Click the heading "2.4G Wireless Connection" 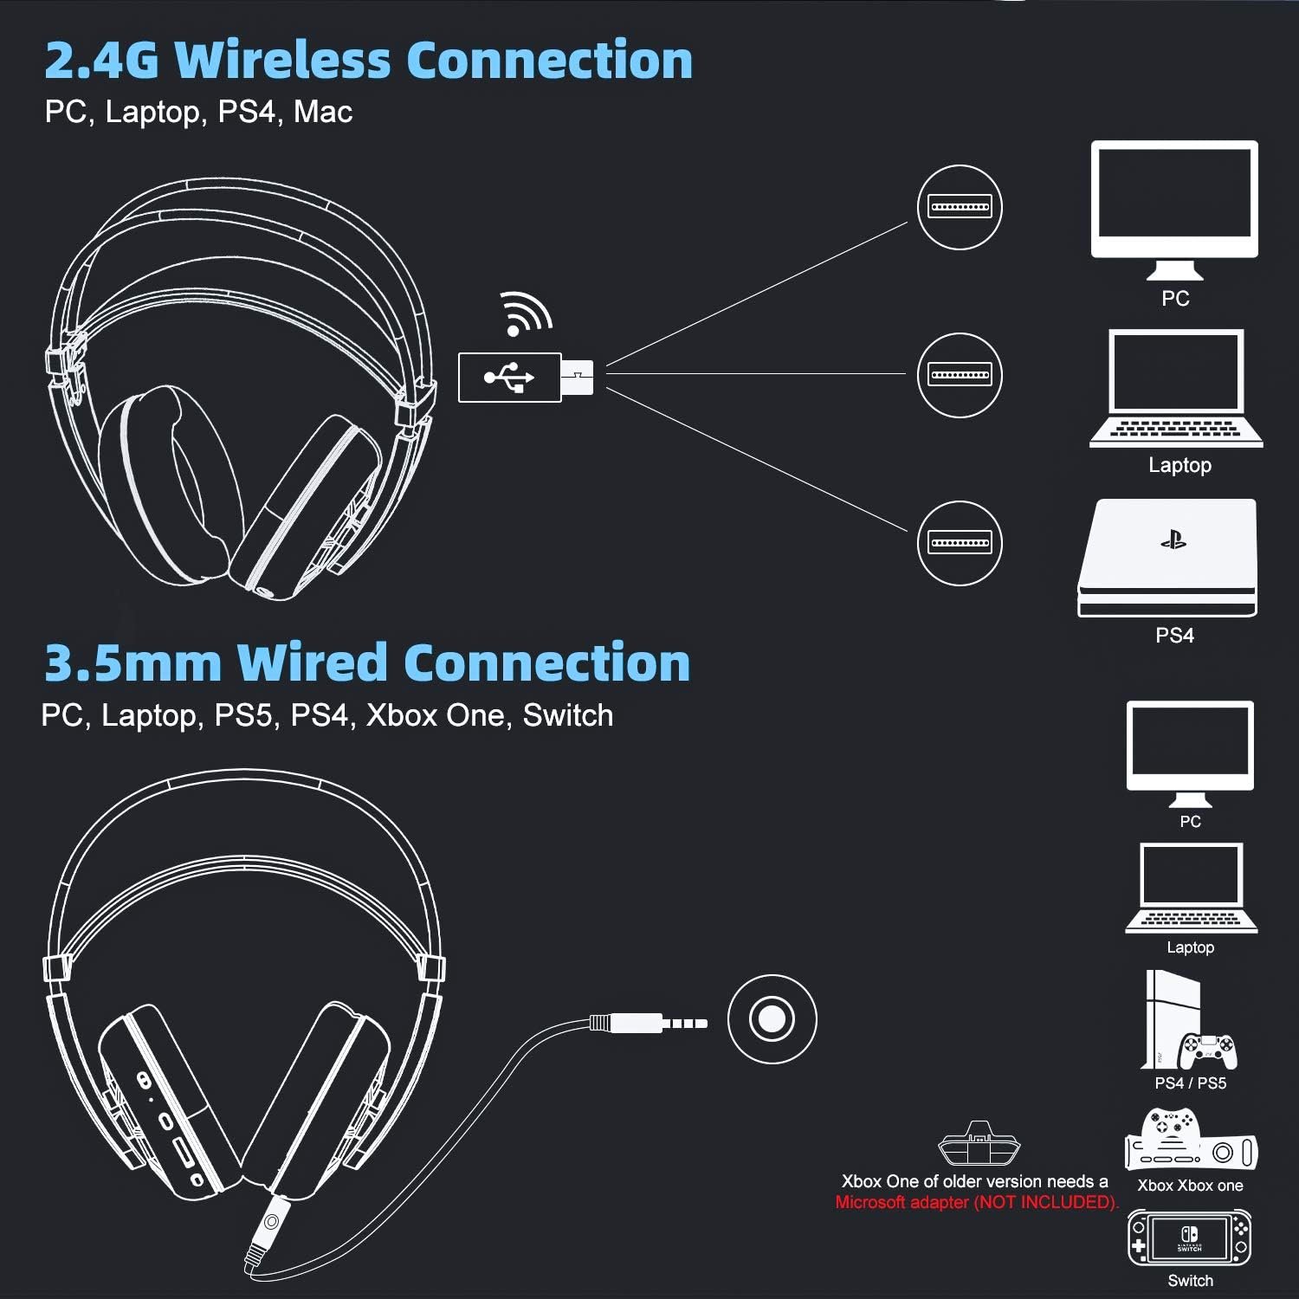pos(368,60)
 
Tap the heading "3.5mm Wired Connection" pos(367,662)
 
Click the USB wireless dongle pos(525,377)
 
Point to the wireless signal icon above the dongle pos(525,313)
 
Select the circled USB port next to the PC pos(959,207)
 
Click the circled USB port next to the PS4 pos(959,543)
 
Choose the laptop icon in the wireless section pos(1176,389)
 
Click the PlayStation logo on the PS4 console pos(1173,541)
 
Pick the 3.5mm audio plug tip pos(685,1024)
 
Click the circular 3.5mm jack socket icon pos(772,1018)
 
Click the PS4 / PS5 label pos(1190,1083)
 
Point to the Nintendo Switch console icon pos(1190,1239)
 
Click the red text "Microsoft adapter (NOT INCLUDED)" pos(976,1202)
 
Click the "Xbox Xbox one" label pos(1190,1186)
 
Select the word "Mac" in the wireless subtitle pos(323,112)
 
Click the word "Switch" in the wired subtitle pos(567,715)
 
